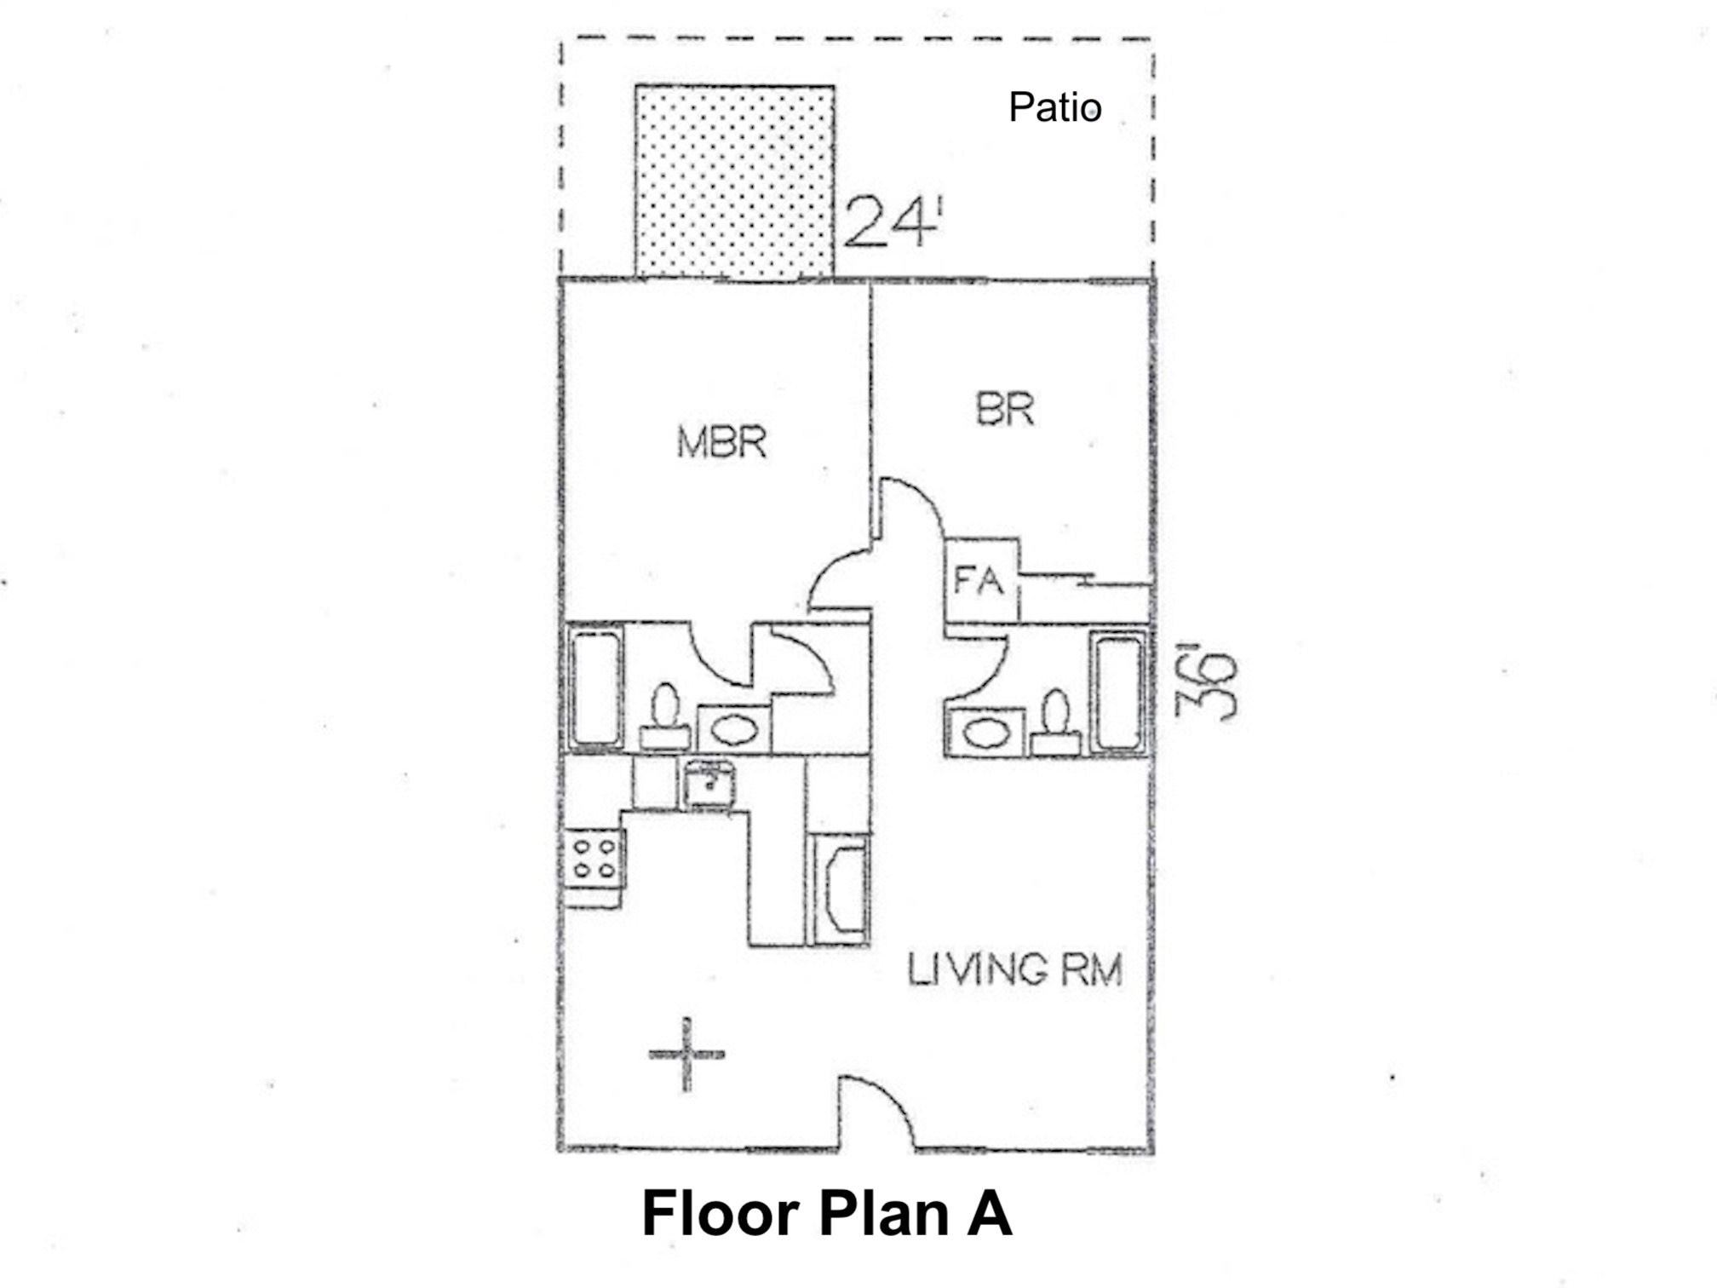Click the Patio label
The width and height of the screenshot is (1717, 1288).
1054,107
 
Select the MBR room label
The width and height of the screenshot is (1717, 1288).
721,442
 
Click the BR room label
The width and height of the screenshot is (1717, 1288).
1005,409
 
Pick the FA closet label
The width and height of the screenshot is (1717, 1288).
979,581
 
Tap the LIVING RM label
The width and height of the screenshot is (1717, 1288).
1014,969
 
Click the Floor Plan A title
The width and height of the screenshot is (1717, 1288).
826,1213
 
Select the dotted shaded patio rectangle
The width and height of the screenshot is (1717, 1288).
734,181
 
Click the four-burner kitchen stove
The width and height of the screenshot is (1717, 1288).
594,859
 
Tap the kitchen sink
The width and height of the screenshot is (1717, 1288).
709,785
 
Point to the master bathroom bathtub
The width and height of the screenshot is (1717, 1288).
595,688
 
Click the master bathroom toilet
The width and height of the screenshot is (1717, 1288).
665,717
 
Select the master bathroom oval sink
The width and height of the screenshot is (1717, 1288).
734,729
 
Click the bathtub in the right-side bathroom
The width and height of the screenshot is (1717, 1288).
1119,692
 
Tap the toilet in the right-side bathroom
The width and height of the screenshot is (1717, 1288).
1056,722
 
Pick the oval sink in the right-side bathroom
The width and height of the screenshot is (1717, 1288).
985,733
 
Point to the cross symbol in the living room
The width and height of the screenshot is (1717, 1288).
686,1055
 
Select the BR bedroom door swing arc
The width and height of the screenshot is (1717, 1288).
924,494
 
